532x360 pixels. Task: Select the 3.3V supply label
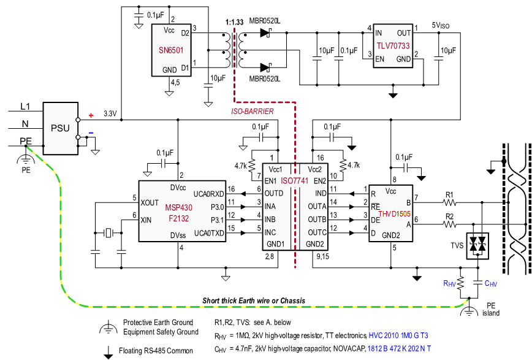tap(109, 113)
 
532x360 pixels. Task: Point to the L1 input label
tap(25, 106)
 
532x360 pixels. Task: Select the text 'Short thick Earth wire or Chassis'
tap(254, 301)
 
